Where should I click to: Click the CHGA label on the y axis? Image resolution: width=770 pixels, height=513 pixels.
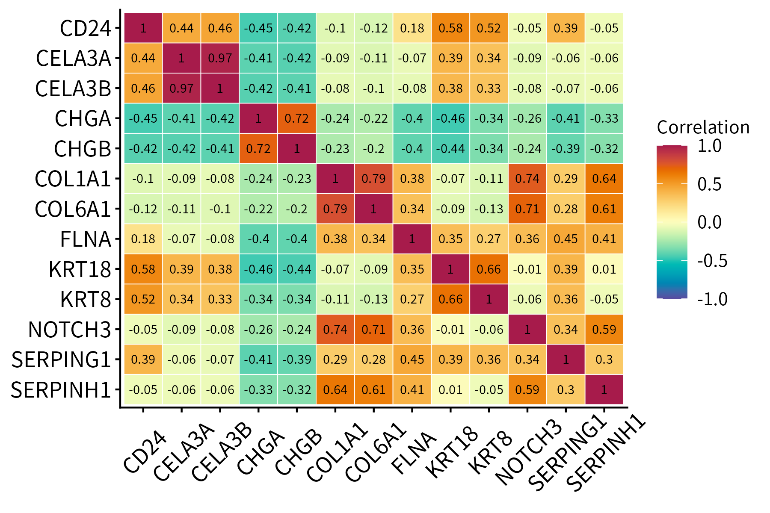tap(83, 119)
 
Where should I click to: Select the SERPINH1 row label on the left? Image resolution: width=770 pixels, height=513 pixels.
tap(61, 390)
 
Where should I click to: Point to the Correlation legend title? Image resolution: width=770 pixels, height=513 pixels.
tap(703, 127)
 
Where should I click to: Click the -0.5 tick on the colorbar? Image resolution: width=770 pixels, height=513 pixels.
tap(712, 260)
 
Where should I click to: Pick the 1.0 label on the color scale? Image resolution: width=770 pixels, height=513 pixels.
tap(709, 146)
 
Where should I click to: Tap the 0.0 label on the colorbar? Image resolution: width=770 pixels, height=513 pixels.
tap(709, 222)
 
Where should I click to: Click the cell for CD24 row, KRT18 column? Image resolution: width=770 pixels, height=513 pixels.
tap(450, 28)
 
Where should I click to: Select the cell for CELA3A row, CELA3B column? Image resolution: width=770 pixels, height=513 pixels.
tap(220, 58)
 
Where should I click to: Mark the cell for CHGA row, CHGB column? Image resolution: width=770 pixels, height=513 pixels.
tap(297, 118)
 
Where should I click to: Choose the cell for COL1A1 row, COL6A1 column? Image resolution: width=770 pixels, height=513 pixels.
tap(373, 179)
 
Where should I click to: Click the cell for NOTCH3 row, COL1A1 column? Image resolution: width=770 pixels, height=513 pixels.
tap(335, 330)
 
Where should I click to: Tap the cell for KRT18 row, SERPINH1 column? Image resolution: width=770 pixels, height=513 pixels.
tap(604, 269)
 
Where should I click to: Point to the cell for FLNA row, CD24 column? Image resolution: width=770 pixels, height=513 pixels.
tap(143, 239)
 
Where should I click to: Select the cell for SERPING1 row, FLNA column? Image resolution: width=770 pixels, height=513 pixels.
tap(412, 360)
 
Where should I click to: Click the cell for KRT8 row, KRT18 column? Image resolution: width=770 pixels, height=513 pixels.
tap(450, 299)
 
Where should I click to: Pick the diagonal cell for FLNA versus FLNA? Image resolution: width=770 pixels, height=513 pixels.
tap(412, 239)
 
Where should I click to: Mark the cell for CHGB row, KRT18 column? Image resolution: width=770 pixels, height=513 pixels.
tap(450, 149)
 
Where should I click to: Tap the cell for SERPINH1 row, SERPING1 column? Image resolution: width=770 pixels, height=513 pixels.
tap(566, 390)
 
